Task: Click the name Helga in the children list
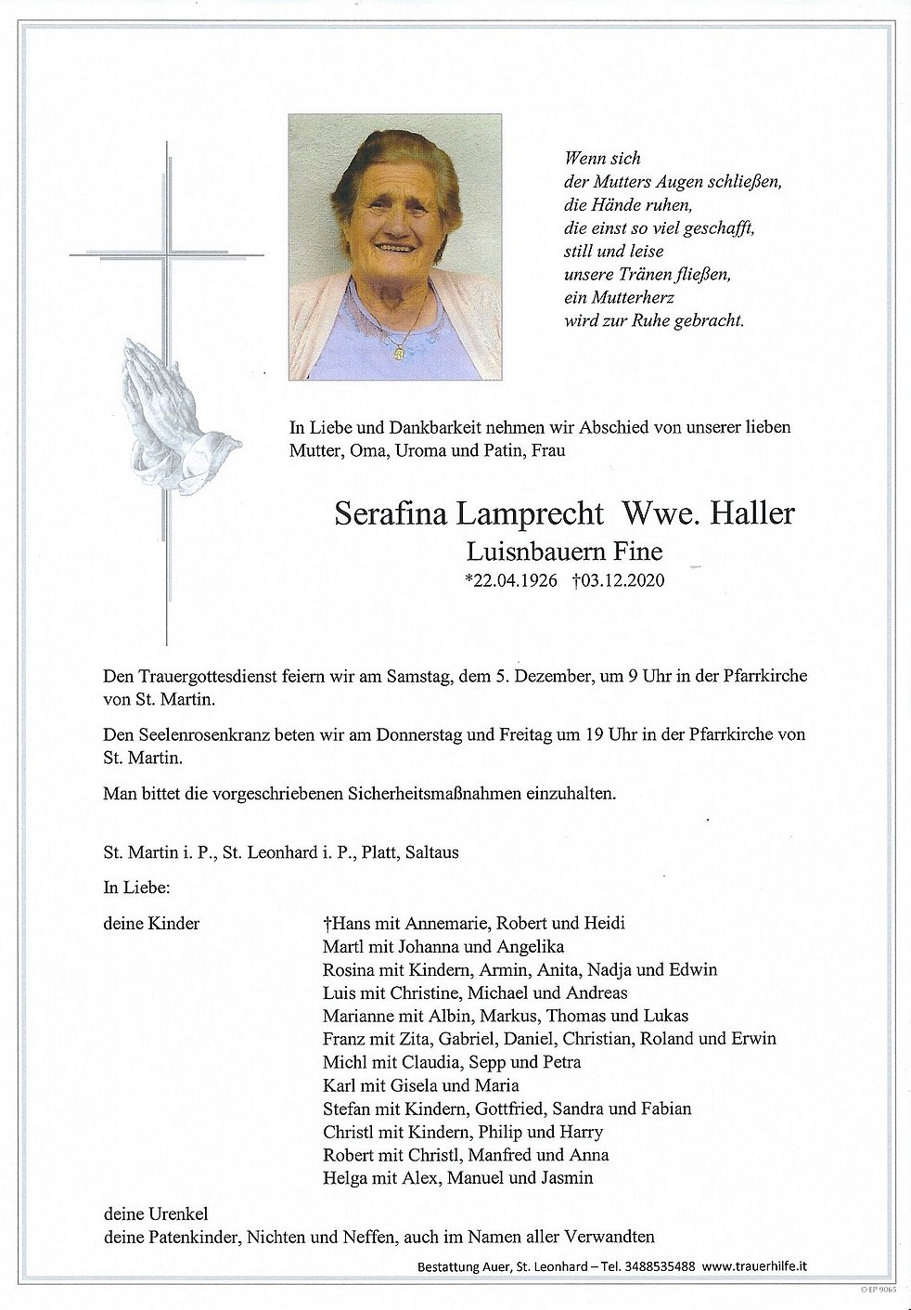(344, 1178)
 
